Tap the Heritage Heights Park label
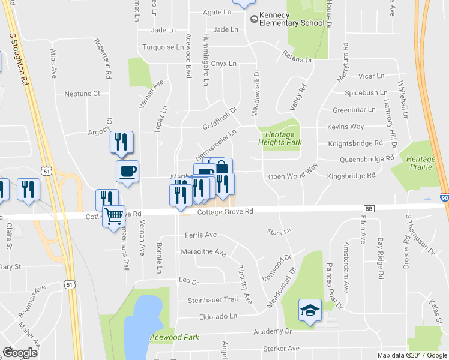pyautogui.click(x=280, y=138)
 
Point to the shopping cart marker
pyautogui.click(x=113, y=215)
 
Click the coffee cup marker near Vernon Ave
pyautogui.click(x=127, y=172)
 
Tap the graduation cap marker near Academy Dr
pyautogui.click(x=309, y=310)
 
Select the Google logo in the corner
pyautogui.click(x=20, y=352)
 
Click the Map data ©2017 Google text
pyautogui.click(x=412, y=355)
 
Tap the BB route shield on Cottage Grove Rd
pyautogui.click(x=369, y=208)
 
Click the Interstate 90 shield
pyautogui.click(x=444, y=197)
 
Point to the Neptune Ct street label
pyautogui.click(x=82, y=94)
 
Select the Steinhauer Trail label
pyautogui.click(x=213, y=299)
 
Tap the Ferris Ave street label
pyautogui.click(x=201, y=235)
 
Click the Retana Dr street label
pyautogui.click(x=298, y=60)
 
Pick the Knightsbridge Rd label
pyautogui.click(x=355, y=143)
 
